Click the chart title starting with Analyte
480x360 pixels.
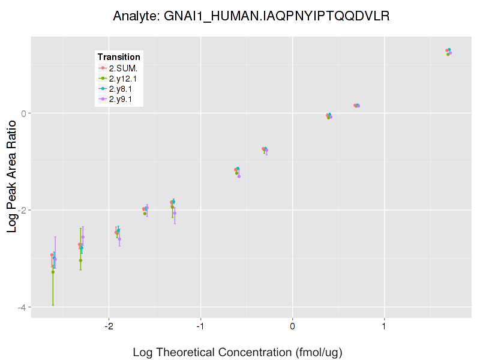pos(251,16)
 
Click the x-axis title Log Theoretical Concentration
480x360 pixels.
pos(237,352)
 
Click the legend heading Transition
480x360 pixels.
pos(119,57)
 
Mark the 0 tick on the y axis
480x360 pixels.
pos(24,113)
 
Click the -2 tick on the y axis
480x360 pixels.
pos(23,210)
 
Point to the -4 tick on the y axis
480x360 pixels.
pos(23,307)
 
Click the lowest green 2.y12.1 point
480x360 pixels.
pos(53,272)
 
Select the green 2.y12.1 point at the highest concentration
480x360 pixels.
pos(448,55)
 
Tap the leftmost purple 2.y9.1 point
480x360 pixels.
pos(55,259)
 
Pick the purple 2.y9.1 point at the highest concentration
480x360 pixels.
pos(451,53)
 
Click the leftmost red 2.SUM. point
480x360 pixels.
pos(52,255)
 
